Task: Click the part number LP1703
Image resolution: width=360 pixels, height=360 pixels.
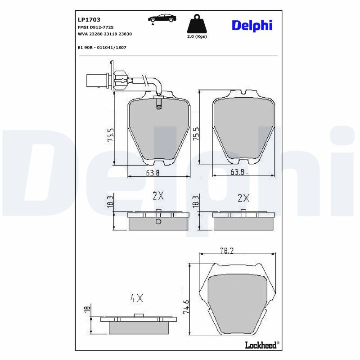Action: click(89, 20)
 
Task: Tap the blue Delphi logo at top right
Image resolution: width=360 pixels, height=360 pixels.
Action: click(252, 26)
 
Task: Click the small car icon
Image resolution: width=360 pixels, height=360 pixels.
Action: click(162, 19)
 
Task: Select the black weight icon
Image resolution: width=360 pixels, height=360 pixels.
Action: click(197, 24)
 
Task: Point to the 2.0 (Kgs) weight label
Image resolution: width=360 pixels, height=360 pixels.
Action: click(197, 37)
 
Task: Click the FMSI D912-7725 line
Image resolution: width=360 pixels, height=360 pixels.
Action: click(95, 27)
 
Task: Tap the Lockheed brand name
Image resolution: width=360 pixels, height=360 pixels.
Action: click(261, 345)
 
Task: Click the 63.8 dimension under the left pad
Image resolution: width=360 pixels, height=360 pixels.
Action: click(151, 172)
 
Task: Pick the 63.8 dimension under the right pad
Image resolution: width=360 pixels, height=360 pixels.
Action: click(238, 172)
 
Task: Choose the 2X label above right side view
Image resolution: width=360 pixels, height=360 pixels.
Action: click(243, 198)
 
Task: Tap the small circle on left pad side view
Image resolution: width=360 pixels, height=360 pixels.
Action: click(157, 222)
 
